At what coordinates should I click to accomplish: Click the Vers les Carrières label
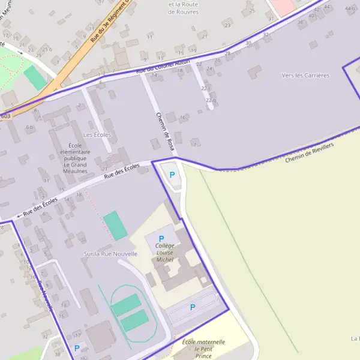pyautogui.click(x=305, y=76)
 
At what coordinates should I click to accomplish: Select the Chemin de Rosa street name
pyautogui.click(x=164, y=131)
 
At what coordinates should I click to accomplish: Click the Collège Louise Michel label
pyautogui.click(x=164, y=253)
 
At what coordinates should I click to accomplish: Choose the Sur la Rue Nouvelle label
pyautogui.click(x=110, y=254)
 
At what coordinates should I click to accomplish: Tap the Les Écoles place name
pyautogui.click(x=97, y=135)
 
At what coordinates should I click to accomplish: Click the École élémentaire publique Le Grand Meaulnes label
pyautogui.click(x=75, y=158)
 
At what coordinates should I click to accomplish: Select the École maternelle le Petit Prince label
pyautogui.click(x=203, y=349)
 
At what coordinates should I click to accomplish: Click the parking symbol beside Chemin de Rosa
pyautogui.click(x=173, y=175)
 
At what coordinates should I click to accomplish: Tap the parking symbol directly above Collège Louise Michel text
pyautogui.click(x=161, y=239)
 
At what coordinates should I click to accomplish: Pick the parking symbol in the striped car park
pyautogui.click(x=193, y=307)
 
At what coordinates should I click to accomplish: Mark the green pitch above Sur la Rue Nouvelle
pyautogui.click(x=115, y=226)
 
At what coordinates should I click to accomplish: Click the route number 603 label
pyautogui.click(x=5, y=116)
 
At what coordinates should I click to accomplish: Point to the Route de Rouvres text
pyautogui.click(x=184, y=8)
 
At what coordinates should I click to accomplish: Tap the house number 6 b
pyautogui.click(x=29, y=127)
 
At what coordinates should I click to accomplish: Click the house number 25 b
pyautogui.click(x=46, y=49)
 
